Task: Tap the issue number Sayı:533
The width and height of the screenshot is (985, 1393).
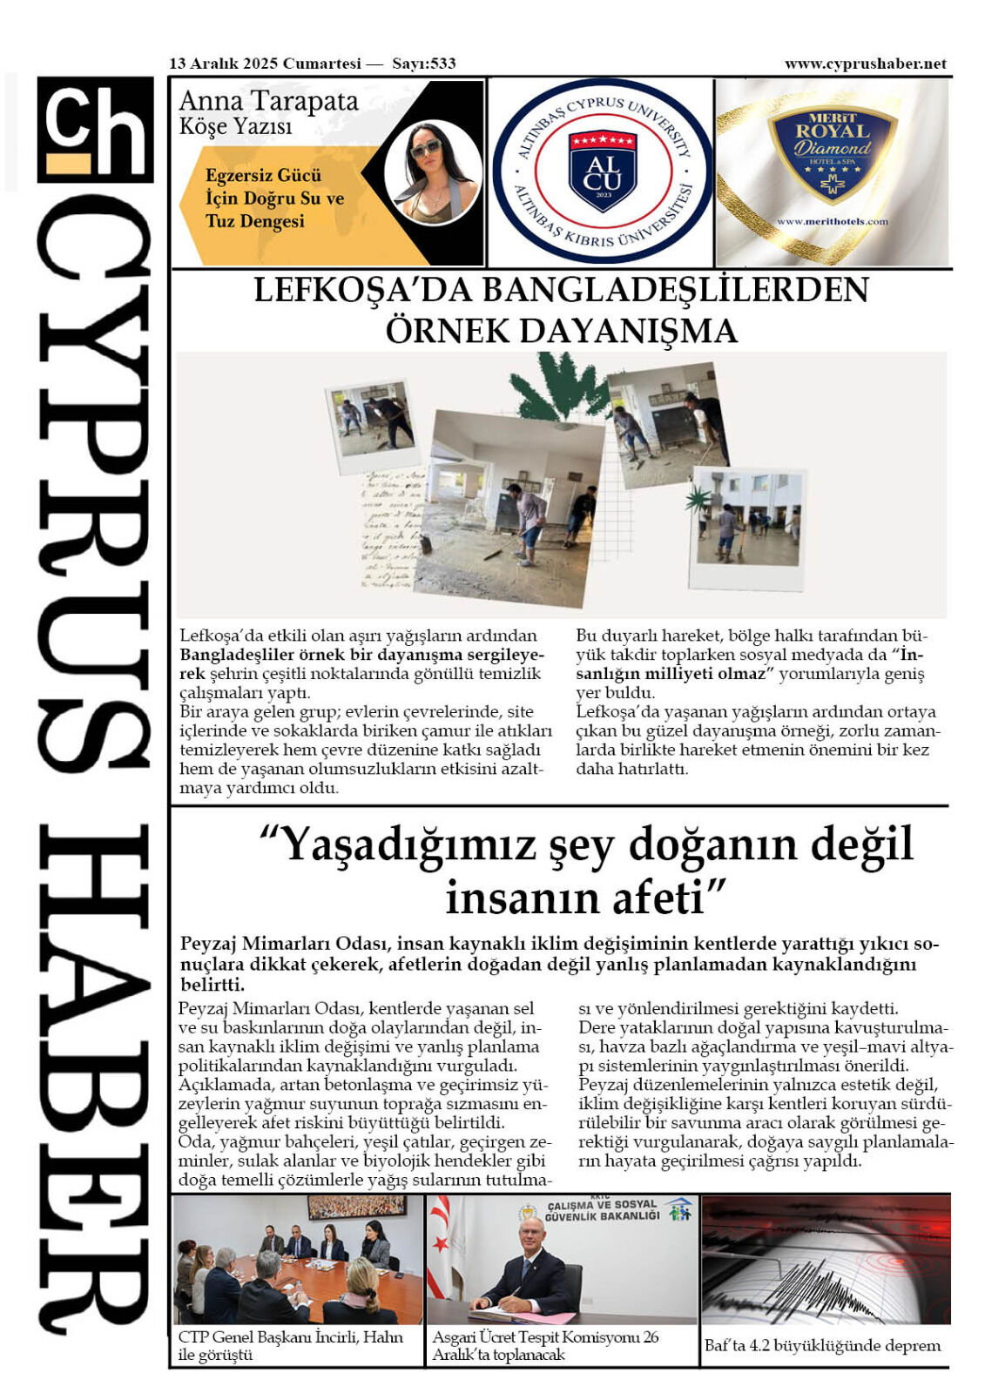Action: (x=424, y=64)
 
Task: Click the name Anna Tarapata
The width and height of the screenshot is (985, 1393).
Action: (x=268, y=102)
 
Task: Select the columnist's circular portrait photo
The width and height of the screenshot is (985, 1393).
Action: (x=432, y=172)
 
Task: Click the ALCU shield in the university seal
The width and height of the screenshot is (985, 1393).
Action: (x=602, y=171)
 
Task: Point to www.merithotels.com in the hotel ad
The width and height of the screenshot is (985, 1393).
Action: (x=832, y=222)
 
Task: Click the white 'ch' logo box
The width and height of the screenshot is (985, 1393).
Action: (x=95, y=130)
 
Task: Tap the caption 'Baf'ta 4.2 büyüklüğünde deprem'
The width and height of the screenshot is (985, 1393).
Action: (x=822, y=1346)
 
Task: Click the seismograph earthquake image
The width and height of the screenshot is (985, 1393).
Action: (x=826, y=1260)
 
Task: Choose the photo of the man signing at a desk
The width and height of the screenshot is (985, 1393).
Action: (x=562, y=1260)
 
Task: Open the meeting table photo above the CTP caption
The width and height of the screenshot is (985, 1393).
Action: (x=298, y=1260)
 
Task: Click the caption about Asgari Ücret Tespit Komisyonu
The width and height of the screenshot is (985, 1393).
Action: (x=546, y=1346)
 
